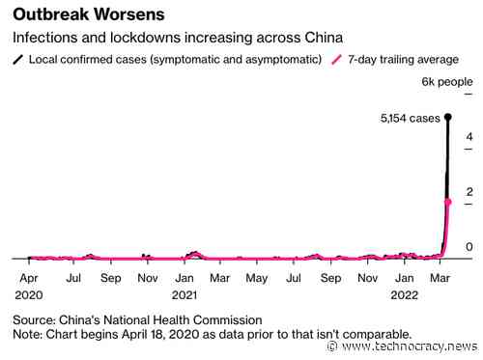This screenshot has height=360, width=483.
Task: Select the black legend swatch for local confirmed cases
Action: (17, 60)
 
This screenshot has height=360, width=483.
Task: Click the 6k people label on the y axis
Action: (447, 83)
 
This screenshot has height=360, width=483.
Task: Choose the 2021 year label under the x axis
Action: (185, 293)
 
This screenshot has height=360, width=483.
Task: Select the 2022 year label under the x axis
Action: (406, 293)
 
